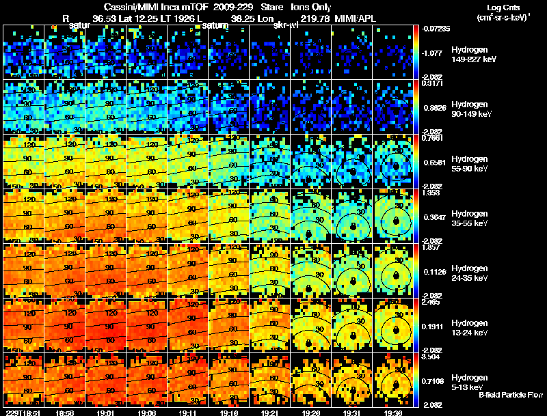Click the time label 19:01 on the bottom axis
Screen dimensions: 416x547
106,413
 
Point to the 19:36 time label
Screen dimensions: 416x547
394,413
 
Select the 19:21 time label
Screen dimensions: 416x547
270,413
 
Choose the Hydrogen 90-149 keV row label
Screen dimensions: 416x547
473,109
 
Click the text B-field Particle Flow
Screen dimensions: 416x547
510,395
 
